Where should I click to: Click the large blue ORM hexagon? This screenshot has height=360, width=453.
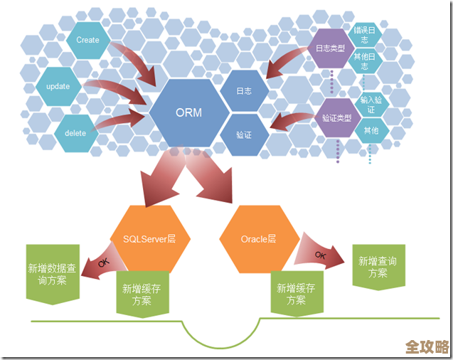click(x=188, y=112)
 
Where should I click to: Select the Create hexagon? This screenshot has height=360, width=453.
click(x=87, y=41)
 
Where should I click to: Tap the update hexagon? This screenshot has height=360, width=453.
click(x=58, y=87)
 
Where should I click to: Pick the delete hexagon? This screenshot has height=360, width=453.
click(x=75, y=133)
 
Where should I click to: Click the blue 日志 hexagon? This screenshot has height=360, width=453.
click(x=244, y=91)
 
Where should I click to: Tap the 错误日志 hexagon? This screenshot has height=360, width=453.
click(x=366, y=36)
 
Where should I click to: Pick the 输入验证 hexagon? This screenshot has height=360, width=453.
click(x=371, y=105)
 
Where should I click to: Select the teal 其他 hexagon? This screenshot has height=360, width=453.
click(x=371, y=131)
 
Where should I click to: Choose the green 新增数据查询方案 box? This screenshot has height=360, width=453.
click(x=52, y=274)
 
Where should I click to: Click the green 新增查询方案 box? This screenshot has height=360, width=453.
click(x=378, y=268)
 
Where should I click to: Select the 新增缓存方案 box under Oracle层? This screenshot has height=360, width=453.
click(x=297, y=295)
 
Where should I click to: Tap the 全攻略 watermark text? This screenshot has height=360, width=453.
click(x=427, y=346)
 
